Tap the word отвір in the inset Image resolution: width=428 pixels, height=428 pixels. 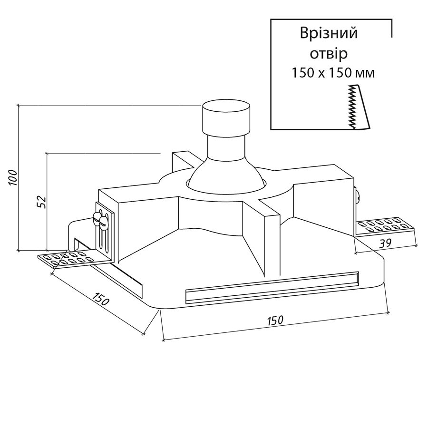(x=329, y=54)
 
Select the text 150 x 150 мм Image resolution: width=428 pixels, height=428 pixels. (x=333, y=73)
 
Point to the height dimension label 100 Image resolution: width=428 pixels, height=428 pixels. (x=13, y=178)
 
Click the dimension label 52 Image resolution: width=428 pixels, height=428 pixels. (x=41, y=202)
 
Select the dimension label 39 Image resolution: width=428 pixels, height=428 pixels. (x=385, y=243)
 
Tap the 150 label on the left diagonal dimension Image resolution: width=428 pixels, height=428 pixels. (x=100, y=299)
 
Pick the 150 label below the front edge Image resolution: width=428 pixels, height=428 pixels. (x=275, y=320)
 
